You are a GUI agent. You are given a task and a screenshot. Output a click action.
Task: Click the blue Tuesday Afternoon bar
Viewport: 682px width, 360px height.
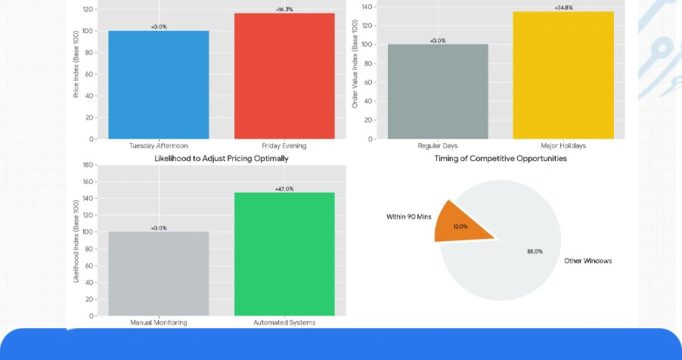click(158, 85)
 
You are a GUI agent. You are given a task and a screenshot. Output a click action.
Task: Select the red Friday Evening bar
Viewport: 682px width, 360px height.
click(284, 76)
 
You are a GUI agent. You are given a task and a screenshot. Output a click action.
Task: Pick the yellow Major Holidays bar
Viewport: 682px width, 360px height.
click(563, 76)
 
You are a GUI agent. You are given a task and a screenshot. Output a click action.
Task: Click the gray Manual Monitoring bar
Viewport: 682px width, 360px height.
click(158, 273)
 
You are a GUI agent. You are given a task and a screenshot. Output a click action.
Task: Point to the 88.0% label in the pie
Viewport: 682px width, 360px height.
click(535, 251)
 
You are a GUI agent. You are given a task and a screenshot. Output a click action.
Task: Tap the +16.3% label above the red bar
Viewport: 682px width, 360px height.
click(284, 9)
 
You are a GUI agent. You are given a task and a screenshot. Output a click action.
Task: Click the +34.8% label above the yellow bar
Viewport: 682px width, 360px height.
click(563, 8)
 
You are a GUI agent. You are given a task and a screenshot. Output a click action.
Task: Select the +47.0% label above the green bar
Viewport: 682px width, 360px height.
click(284, 188)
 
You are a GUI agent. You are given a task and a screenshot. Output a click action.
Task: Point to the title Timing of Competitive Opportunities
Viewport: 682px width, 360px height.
click(501, 159)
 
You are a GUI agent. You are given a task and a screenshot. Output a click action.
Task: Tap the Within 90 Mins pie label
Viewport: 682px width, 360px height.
click(408, 217)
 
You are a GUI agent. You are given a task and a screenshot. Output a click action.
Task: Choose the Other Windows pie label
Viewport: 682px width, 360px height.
click(587, 261)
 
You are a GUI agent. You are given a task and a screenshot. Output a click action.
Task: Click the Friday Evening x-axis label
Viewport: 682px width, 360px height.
click(284, 145)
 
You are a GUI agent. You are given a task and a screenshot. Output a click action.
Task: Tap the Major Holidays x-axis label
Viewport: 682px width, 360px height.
click(563, 145)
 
